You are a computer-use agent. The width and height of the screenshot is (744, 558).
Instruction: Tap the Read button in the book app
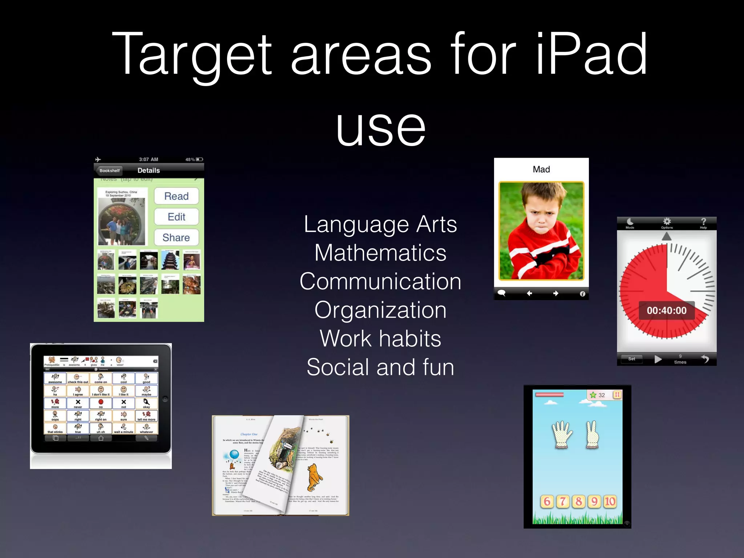tap(176, 196)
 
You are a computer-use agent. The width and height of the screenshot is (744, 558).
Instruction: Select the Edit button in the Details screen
tap(176, 217)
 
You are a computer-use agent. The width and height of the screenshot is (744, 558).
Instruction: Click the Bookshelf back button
tap(109, 170)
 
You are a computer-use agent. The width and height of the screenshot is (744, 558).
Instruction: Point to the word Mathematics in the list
tap(380, 253)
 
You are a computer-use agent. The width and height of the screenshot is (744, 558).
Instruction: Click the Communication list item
tap(380, 282)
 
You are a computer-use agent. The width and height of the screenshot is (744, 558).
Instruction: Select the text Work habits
tap(380, 339)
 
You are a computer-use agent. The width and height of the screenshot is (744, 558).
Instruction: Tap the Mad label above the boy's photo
tap(541, 169)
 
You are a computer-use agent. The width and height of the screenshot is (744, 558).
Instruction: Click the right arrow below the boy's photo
tap(556, 293)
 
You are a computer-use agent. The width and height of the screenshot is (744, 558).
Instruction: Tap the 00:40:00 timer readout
tap(667, 311)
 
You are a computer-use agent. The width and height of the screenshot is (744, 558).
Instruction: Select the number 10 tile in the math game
tap(610, 502)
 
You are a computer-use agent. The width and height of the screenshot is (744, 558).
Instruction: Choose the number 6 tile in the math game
tap(547, 502)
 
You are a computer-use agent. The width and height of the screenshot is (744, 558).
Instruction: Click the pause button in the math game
tap(617, 395)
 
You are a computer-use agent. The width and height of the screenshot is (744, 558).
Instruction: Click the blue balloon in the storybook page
tap(234, 454)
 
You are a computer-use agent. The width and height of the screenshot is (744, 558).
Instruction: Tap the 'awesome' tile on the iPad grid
tap(55, 379)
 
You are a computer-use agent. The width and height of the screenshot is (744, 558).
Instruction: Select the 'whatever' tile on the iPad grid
tap(146, 428)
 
